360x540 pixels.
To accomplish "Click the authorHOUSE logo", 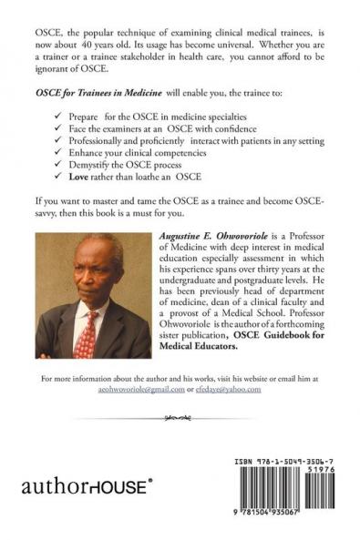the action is (92, 486).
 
